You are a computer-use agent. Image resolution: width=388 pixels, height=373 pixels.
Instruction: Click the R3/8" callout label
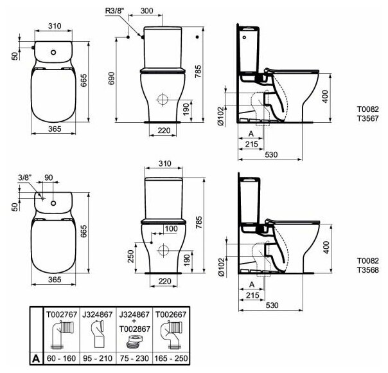click(115, 11)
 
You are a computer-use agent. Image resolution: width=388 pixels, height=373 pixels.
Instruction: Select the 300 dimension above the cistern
click(146, 11)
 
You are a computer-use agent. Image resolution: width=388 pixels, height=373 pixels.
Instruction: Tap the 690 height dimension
click(112, 78)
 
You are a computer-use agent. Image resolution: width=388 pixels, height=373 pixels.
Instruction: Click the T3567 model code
click(367, 118)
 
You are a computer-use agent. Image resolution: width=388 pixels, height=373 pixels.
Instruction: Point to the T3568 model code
click(367, 270)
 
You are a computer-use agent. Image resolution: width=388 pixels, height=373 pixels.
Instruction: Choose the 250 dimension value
click(130, 256)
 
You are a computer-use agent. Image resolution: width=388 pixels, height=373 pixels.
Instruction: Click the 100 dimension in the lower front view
click(171, 228)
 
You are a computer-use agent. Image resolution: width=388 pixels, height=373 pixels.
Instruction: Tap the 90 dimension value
click(49, 177)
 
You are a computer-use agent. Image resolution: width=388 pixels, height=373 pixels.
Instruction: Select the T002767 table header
click(62, 314)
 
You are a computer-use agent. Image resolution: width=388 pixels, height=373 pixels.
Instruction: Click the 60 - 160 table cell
click(62, 358)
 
